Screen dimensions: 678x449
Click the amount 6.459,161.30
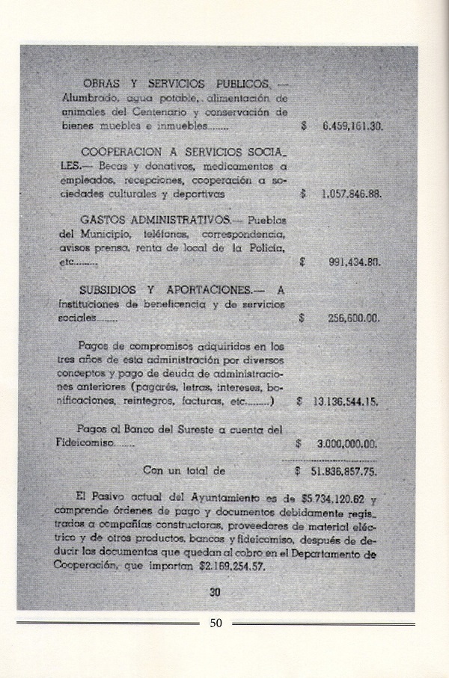tap(352, 126)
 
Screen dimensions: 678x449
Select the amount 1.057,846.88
tap(351, 193)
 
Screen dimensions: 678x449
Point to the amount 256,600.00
tap(354, 318)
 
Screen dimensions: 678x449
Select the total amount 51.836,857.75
tap(345, 472)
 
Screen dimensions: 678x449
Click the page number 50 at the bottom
tap(216, 623)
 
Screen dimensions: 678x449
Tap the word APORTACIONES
tap(210, 289)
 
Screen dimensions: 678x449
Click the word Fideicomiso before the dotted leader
tap(88, 443)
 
